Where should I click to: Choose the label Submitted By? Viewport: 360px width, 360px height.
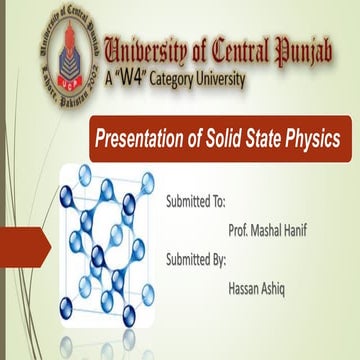(x=197, y=258)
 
